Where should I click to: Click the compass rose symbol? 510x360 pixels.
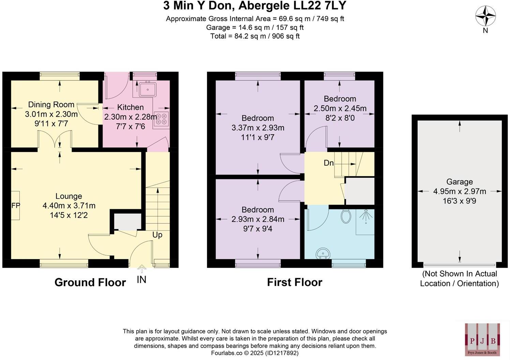pyautogui.click(x=485, y=16)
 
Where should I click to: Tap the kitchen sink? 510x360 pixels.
pyautogui.click(x=147, y=89)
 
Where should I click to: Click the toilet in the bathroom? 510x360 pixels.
pyautogui.click(x=346, y=216)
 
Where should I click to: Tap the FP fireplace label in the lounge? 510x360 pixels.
pyautogui.click(x=16, y=206)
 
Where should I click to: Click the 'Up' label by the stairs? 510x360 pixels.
pyautogui.click(x=157, y=235)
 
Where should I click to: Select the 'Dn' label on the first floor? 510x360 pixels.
pyautogui.click(x=328, y=163)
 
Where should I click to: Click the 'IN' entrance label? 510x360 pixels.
pyautogui.click(x=141, y=280)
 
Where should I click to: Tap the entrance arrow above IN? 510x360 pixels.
pyautogui.click(x=141, y=269)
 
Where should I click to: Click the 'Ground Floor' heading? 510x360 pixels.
pyautogui.click(x=90, y=282)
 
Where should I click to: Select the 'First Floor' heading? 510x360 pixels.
pyautogui.click(x=294, y=282)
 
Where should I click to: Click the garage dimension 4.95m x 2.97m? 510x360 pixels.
pyautogui.click(x=459, y=191)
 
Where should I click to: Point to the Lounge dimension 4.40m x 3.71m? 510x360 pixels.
pyautogui.click(x=69, y=206)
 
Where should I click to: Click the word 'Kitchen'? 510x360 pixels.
pyautogui.click(x=130, y=107)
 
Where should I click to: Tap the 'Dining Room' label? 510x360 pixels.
pyautogui.click(x=51, y=105)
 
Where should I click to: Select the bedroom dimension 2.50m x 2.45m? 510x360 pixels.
pyautogui.click(x=340, y=108)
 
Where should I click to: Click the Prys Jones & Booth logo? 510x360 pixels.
pyautogui.click(x=482, y=339)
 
